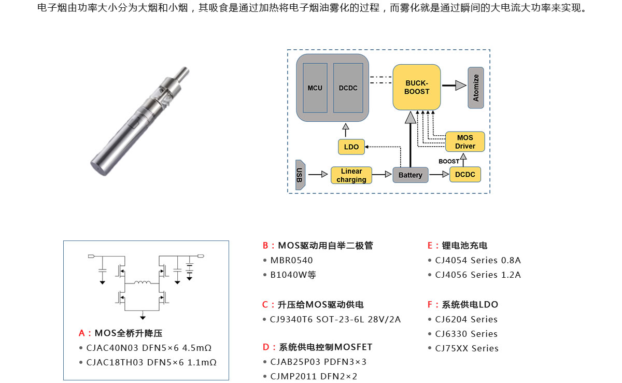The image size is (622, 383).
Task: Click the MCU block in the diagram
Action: tap(315, 88)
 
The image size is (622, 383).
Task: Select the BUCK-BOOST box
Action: tap(417, 87)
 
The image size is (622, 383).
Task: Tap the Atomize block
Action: tap(476, 88)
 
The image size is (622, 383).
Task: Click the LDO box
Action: tap(351, 147)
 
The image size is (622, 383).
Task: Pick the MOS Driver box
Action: tap(465, 141)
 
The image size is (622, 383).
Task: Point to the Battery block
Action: tap(411, 175)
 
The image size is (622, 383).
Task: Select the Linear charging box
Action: tap(351, 175)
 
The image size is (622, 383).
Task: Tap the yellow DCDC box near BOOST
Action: tap(465, 175)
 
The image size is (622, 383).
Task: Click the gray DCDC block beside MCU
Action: tap(348, 88)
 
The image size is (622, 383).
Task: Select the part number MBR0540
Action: tap(291, 260)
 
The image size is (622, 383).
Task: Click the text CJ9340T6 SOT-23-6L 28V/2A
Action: tap(335, 319)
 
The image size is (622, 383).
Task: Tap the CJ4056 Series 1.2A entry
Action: tap(478, 275)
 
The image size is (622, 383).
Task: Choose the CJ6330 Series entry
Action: tap(466, 334)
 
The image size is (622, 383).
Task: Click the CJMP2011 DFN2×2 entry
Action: tap(314, 376)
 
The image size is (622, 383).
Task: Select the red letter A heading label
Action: tap(82, 333)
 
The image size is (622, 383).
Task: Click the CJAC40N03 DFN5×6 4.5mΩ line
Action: tap(149, 348)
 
